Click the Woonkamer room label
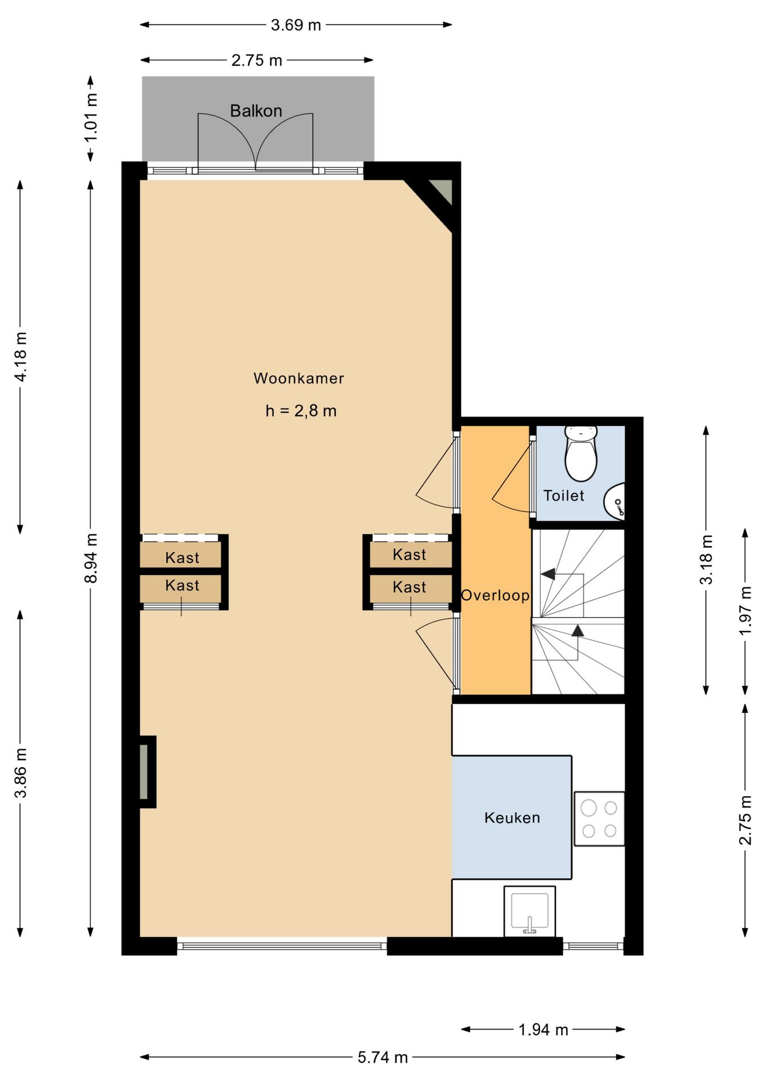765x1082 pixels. click(299, 378)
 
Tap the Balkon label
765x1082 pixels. click(256, 110)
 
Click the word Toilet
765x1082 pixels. click(563, 495)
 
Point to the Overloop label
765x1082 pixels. click(495, 595)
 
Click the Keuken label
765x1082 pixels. click(512, 818)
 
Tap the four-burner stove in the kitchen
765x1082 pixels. click(599, 819)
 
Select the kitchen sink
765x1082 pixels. click(530, 912)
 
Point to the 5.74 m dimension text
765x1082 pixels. click(382, 1057)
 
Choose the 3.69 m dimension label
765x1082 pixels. click(296, 25)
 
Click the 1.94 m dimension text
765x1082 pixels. click(543, 1030)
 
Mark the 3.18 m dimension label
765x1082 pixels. click(706, 559)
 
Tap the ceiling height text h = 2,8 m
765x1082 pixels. click(301, 411)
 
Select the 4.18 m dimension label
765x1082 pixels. click(20, 357)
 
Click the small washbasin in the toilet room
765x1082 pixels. click(615, 500)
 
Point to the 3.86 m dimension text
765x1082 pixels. click(20, 773)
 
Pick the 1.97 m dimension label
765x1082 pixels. click(745, 610)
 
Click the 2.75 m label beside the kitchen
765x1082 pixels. click(745, 820)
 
